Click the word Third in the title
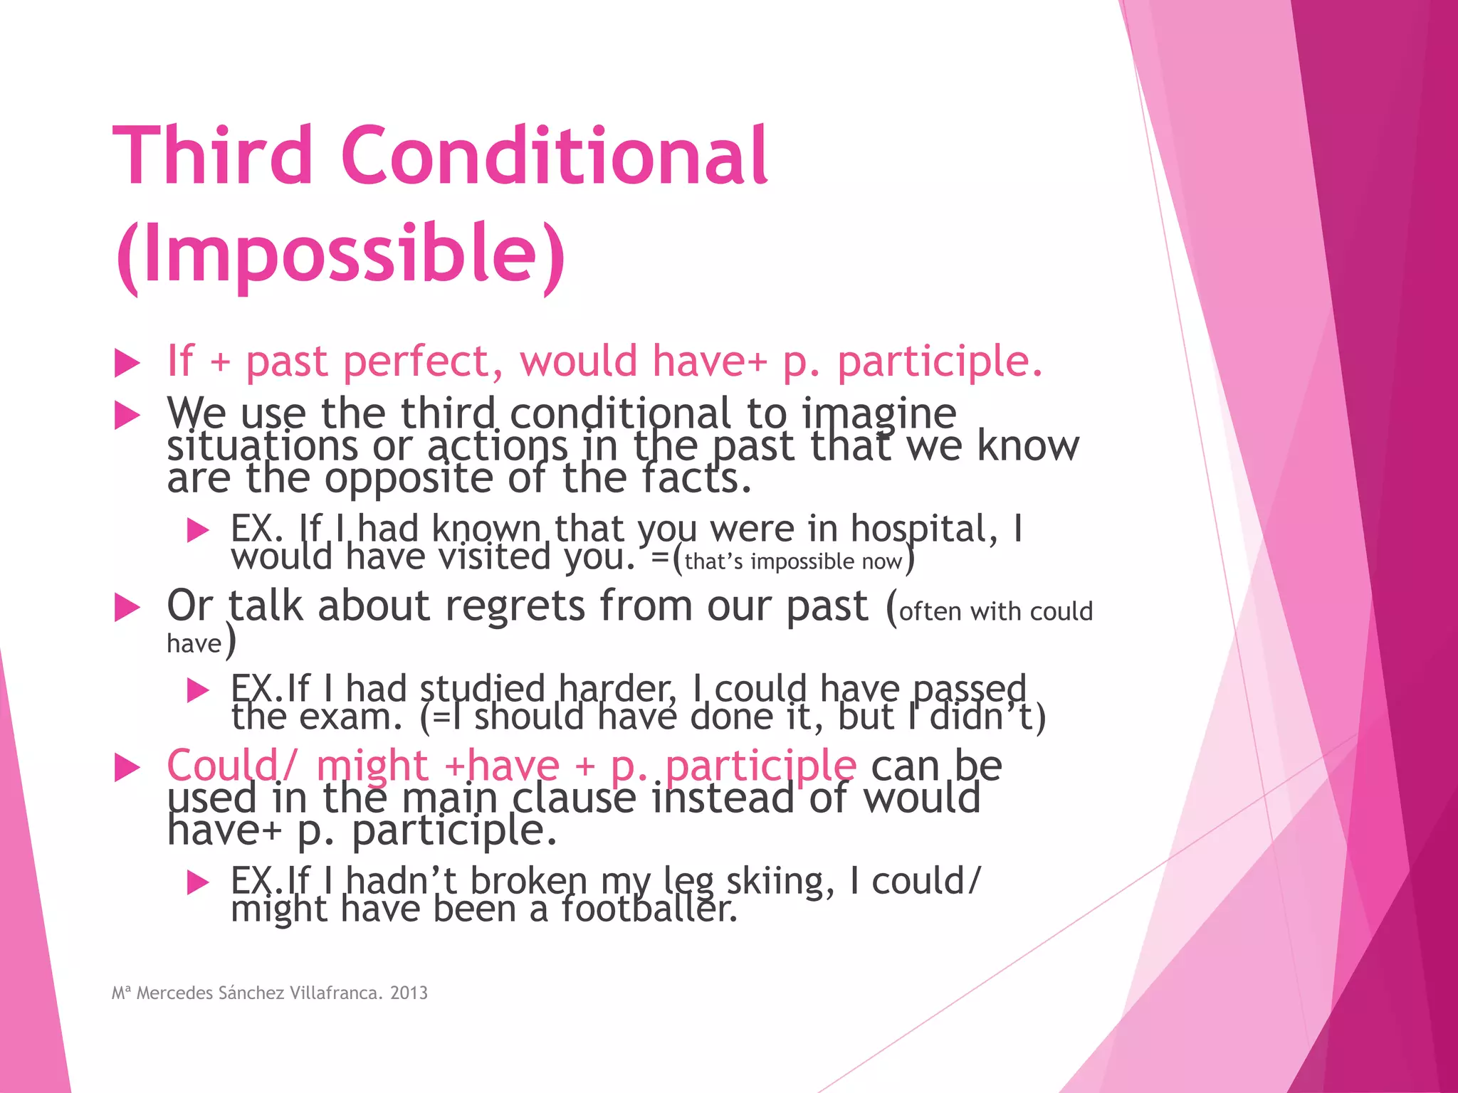pos(212,155)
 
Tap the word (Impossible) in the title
pos(340,255)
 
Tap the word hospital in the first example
pos(924,529)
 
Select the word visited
pos(494,557)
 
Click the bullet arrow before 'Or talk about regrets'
pos(127,608)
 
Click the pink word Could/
pos(229,766)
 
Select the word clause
pos(574,798)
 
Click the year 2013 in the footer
pos(409,993)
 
